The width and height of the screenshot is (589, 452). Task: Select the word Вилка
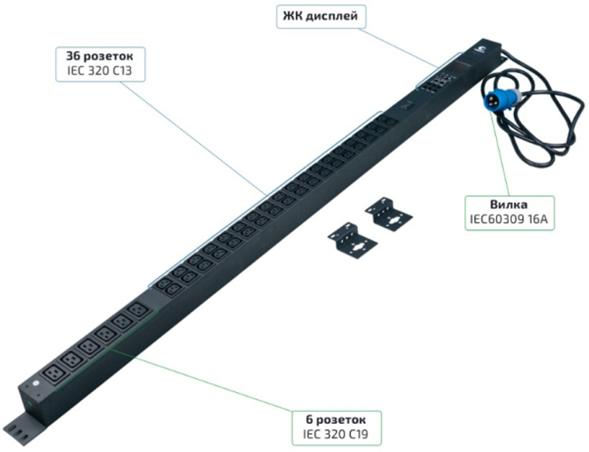tap(509, 205)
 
